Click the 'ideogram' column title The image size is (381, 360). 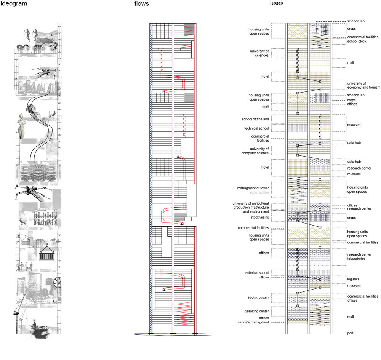[14, 4]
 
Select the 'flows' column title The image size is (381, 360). [141, 4]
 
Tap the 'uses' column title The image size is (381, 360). [276, 3]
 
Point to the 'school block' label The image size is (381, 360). [357, 41]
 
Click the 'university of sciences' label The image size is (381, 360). [259, 53]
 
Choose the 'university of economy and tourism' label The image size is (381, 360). [363, 85]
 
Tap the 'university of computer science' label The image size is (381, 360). [259, 151]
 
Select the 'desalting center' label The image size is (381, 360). [259, 312]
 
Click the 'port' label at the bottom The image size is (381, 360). [351, 333]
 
